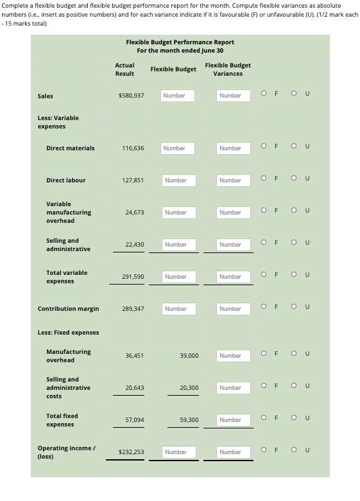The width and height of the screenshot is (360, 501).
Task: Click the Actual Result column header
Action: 124,69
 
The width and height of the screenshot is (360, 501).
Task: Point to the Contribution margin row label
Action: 68,309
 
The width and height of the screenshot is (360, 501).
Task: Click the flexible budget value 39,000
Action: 189,356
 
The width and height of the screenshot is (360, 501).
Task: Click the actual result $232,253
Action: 131,452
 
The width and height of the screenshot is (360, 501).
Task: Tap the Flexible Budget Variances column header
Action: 228,69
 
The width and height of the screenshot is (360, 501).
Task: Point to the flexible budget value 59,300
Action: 189,420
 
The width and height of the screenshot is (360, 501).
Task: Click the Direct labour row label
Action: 65,180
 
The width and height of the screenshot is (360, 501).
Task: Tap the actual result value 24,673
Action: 133,213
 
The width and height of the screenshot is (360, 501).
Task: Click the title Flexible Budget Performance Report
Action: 180,42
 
